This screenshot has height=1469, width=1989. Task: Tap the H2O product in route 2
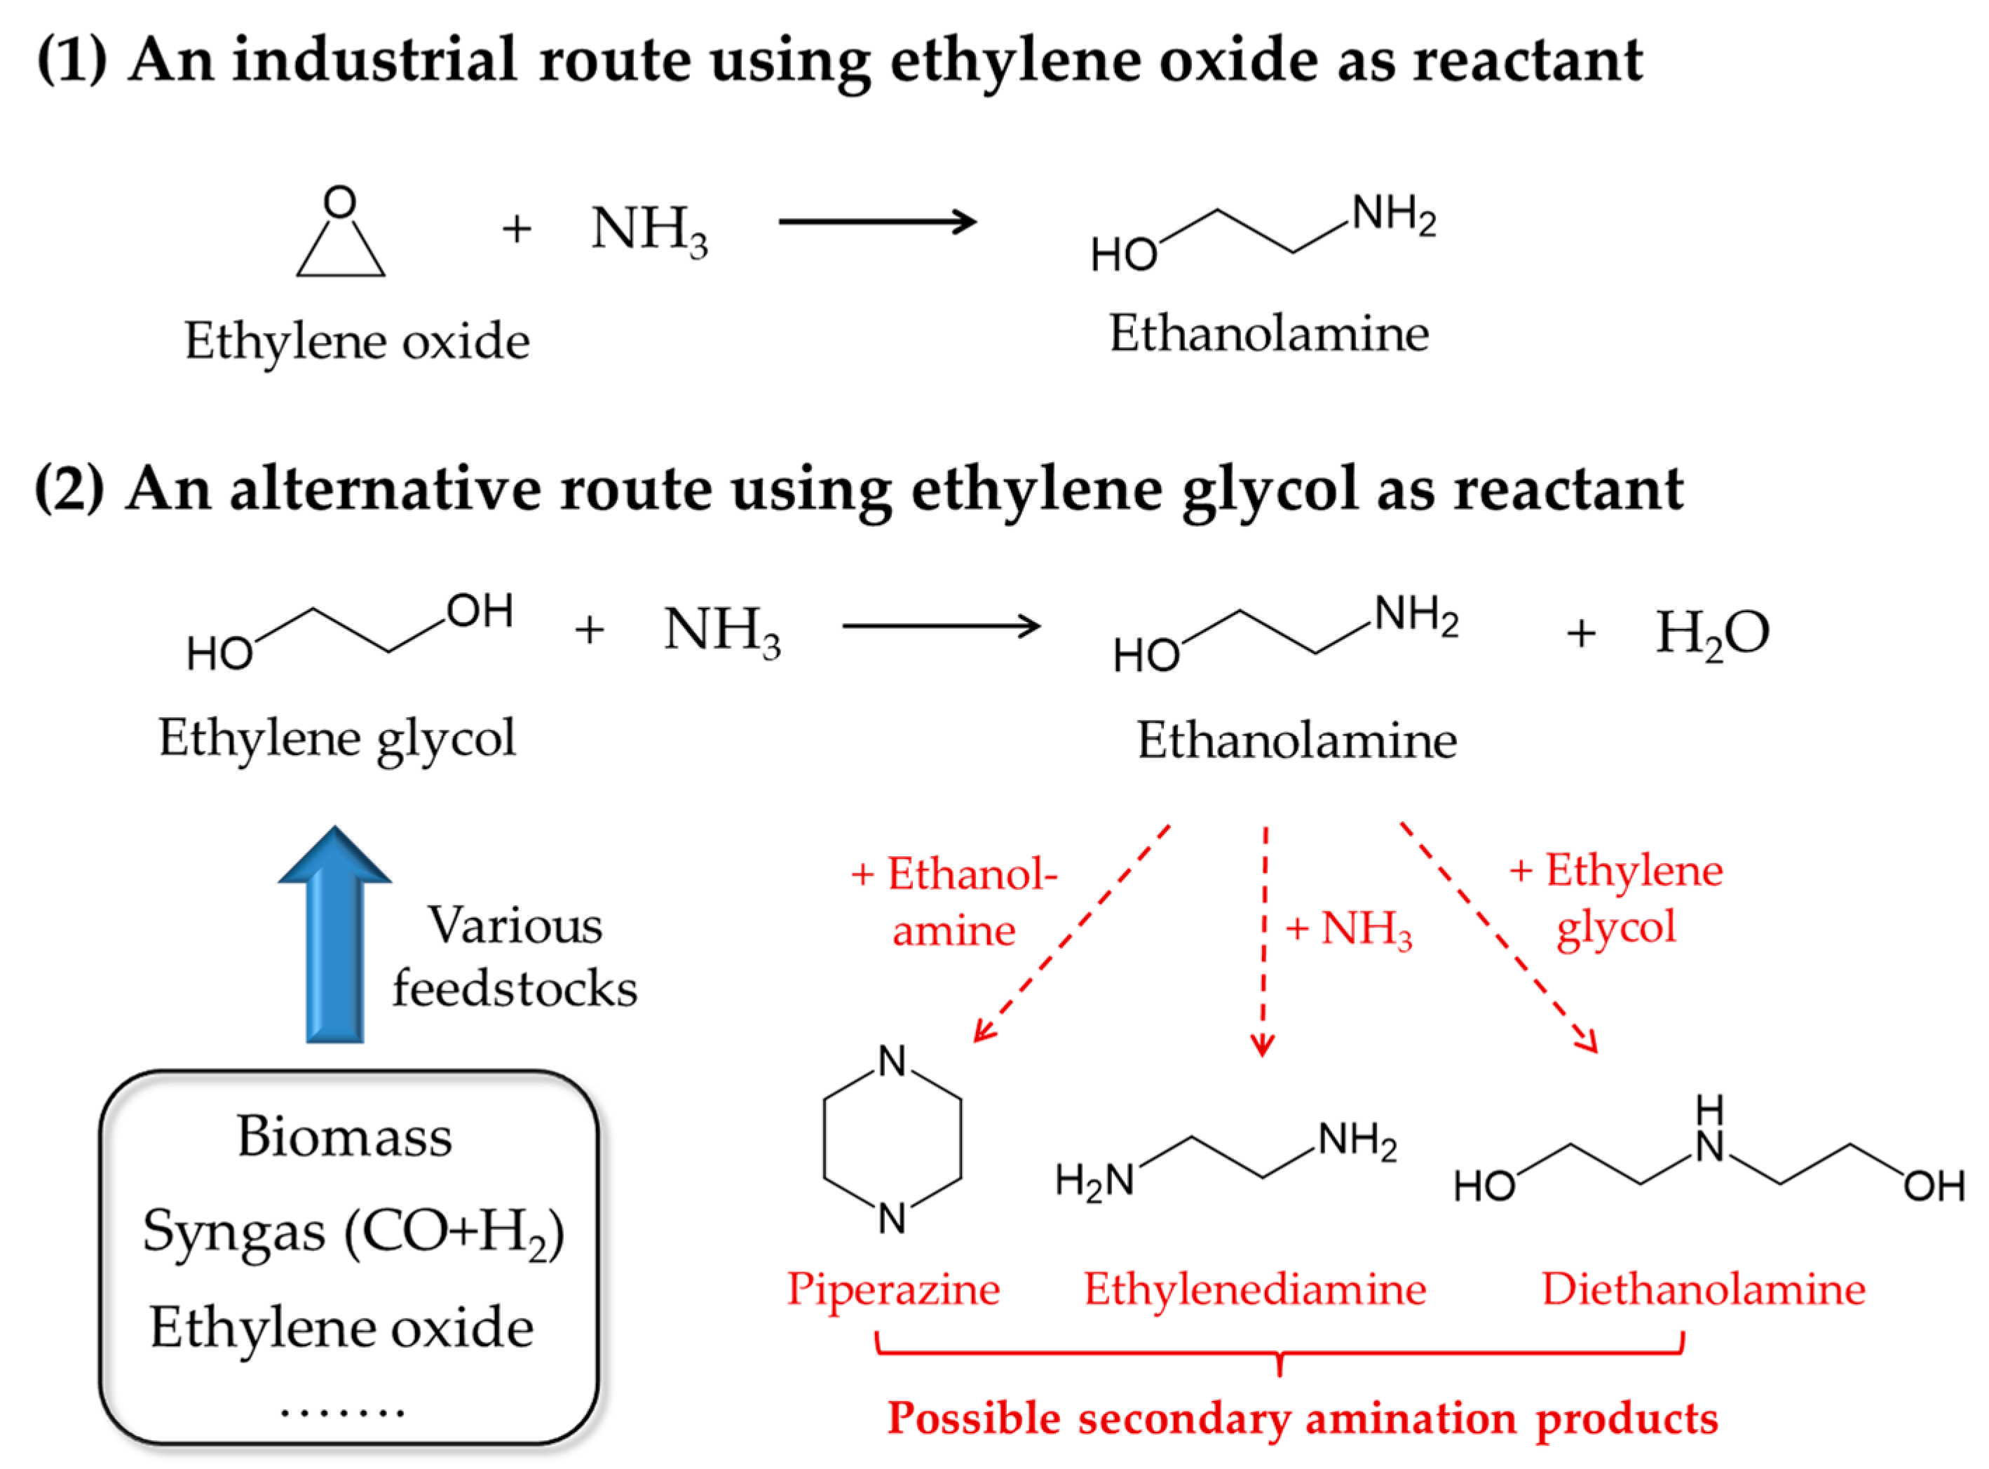tap(1711, 633)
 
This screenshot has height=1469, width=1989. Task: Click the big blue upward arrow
tap(335, 934)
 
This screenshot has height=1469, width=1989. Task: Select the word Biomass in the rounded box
tap(345, 1137)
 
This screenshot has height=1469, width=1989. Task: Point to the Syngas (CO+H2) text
tap(353, 1233)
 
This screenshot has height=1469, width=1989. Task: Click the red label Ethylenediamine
tap(1254, 1289)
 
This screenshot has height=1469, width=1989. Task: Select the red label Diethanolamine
tap(1704, 1289)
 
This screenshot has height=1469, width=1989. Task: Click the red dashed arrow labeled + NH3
tap(1264, 942)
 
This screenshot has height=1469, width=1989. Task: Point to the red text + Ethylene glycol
tap(1615, 898)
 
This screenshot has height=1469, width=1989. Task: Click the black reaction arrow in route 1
tap(878, 222)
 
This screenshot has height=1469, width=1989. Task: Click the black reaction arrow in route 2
tap(941, 626)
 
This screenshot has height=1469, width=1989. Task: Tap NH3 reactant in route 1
tap(649, 229)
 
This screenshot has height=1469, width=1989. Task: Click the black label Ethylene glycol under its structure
tap(337, 738)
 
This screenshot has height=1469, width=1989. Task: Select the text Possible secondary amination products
tap(1303, 1419)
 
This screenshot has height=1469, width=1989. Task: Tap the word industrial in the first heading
tap(374, 60)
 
